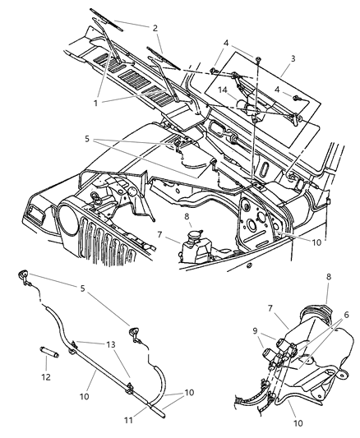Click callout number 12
(46, 377)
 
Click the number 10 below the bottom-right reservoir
(298, 426)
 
